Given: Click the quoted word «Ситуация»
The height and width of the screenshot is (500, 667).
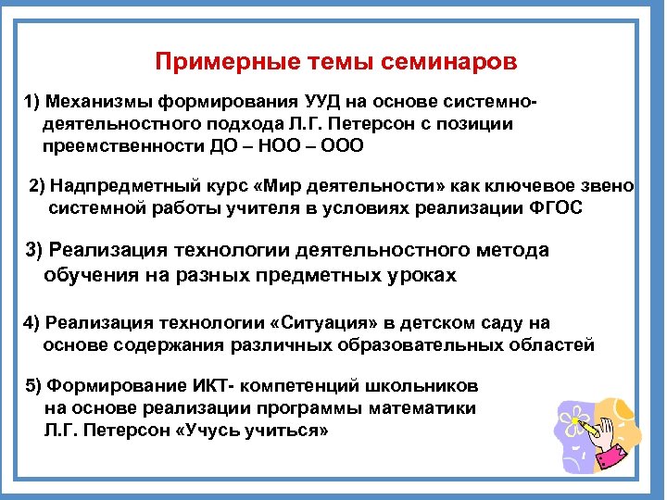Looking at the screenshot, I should (x=303, y=323).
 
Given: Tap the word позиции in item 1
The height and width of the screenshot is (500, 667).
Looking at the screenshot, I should (x=482, y=123).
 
